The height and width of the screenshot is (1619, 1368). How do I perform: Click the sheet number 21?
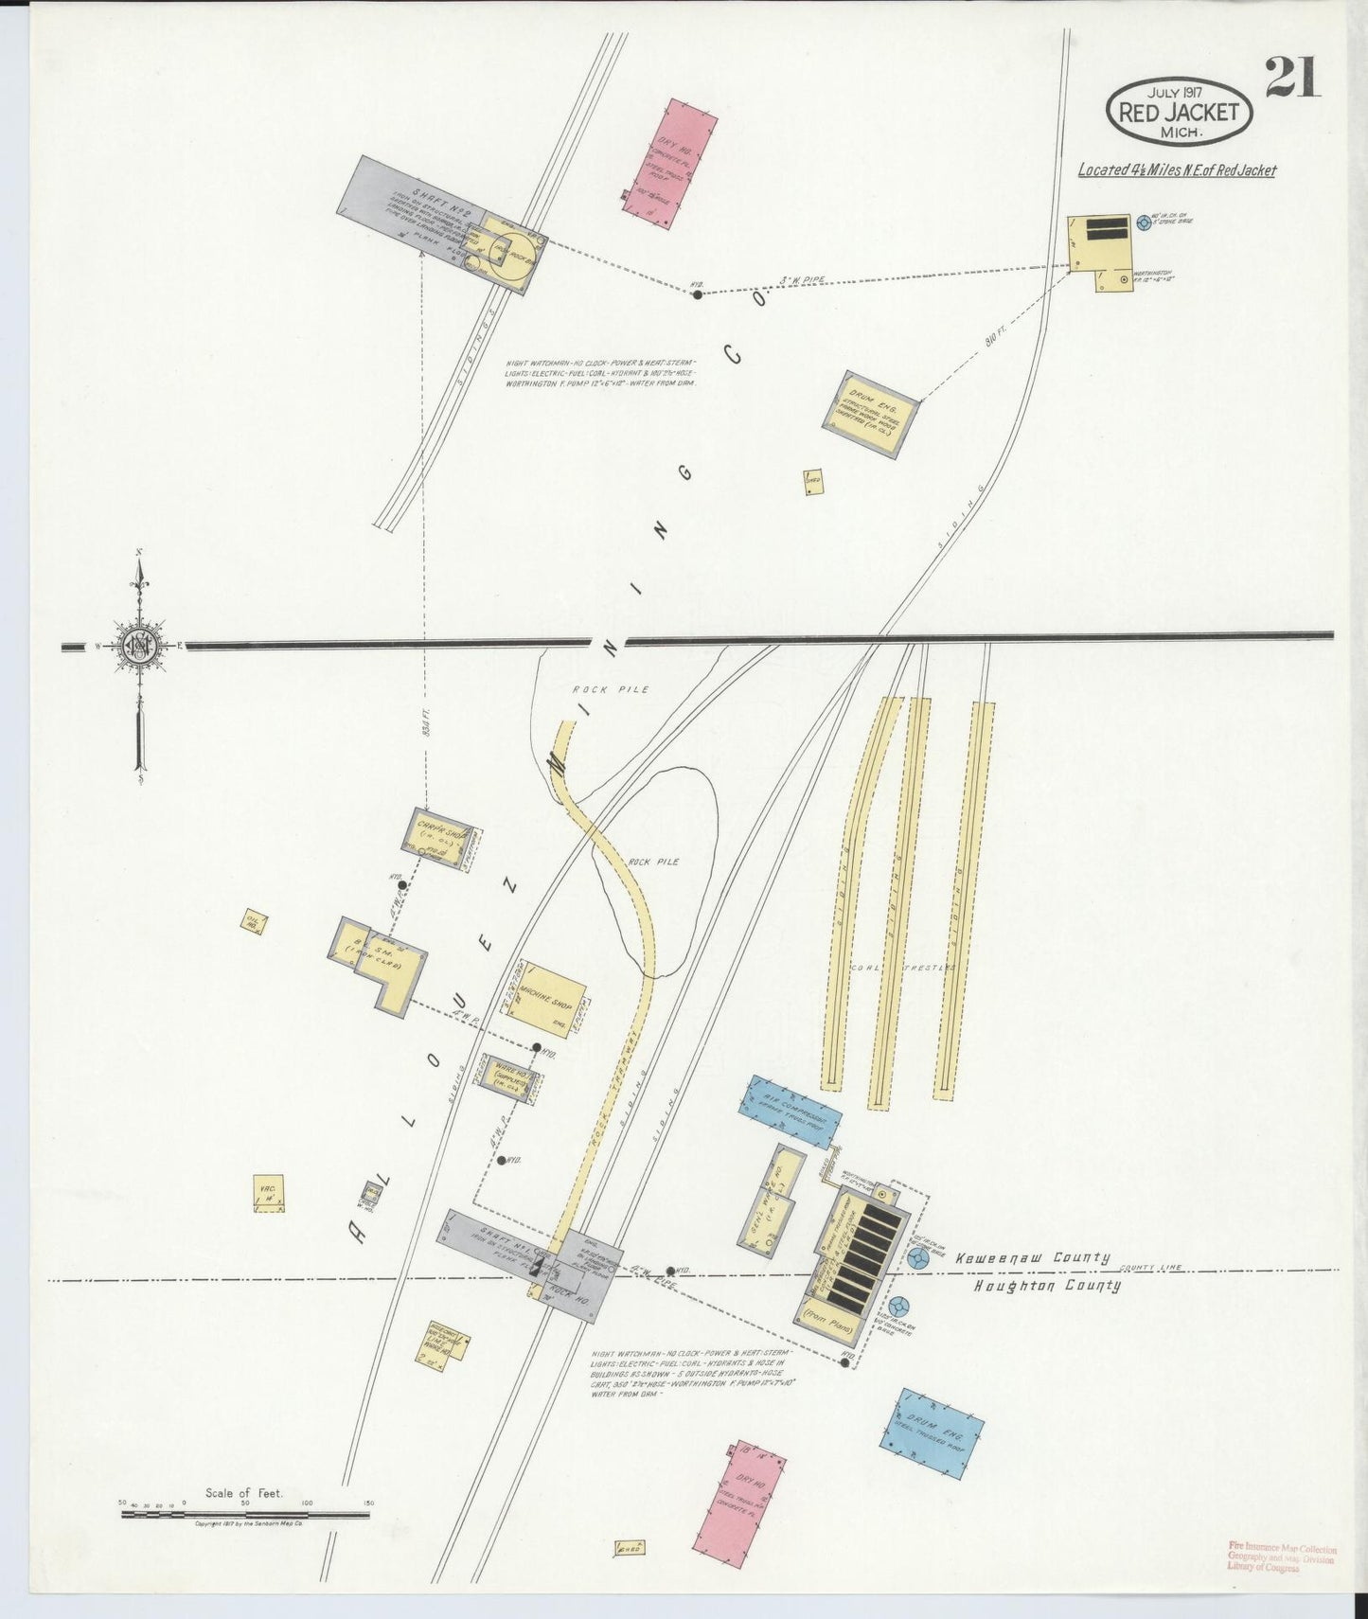point(1291,78)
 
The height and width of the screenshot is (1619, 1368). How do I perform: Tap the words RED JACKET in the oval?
point(1179,112)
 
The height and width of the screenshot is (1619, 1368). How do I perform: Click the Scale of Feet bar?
point(245,1515)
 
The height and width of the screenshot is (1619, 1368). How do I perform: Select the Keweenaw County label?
point(1032,1258)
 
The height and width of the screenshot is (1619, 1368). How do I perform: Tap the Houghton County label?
point(1047,1286)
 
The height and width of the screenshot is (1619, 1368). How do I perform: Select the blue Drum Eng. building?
point(932,1432)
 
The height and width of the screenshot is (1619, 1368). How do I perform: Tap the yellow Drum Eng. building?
point(869,414)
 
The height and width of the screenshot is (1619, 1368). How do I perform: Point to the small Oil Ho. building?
point(254,922)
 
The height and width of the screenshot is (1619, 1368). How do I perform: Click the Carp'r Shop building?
point(442,839)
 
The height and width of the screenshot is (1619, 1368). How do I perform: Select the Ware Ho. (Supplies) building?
point(509,1077)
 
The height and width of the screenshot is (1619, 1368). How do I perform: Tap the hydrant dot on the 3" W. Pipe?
point(698,294)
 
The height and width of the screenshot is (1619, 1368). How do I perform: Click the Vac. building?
point(268,1193)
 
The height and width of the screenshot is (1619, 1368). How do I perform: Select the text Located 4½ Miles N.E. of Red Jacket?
point(1177,170)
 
